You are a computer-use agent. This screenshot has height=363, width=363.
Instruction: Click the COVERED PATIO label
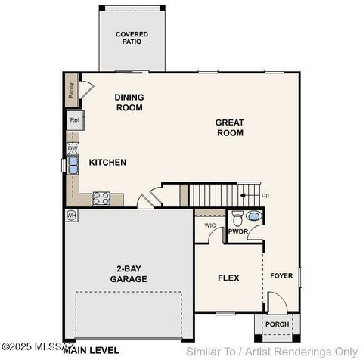pyautogui.click(x=132, y=39)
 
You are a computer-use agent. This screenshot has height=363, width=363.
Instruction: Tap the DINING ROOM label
pyautogui.click(x=129, y=102)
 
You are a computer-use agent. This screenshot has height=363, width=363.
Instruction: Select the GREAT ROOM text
pyautogui.click(x=229, y=127)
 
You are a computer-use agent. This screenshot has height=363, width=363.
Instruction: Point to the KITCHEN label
pyautogui.click(x=107, y=163)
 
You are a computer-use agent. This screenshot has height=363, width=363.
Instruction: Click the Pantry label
pyautogui.click(x=70, y=92)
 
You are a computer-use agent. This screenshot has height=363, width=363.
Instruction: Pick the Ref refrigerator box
pyautogui.click(x=75, y=120)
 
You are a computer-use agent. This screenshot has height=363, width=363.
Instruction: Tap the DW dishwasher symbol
pyautogui.click(x=73, y=149)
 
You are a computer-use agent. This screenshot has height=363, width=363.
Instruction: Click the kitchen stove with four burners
pyautogui.click(x=101, y=199)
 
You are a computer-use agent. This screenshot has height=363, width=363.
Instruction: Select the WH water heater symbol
pyautogui.click(x=72, y=216)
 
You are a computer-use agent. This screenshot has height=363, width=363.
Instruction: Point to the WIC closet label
pyautogui.click(x=210, y=225)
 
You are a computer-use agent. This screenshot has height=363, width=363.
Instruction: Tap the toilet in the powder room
pyautogui.click(x=237, y=220)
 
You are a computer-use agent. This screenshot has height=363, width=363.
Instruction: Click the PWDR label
pyautogui.click(x=239, y=232)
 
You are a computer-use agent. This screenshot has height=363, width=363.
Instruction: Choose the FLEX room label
pyautogui.click(x=228, y=278)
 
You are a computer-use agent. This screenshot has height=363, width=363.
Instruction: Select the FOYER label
pyautogui.click(x=281, y=276)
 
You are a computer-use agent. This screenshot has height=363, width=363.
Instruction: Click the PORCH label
pyautogui.click(x=277, y=325)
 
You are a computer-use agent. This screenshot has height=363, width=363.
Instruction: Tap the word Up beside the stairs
pyautogui.click(x=265, y=195)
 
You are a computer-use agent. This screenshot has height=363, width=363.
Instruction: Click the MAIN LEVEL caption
pyautogui.click(x=91, y=351)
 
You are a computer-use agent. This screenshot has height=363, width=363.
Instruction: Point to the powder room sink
pyautogui.click(x=253, y=216)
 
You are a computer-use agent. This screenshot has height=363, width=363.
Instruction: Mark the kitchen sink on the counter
pyautogui.click(x=74, y=166)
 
